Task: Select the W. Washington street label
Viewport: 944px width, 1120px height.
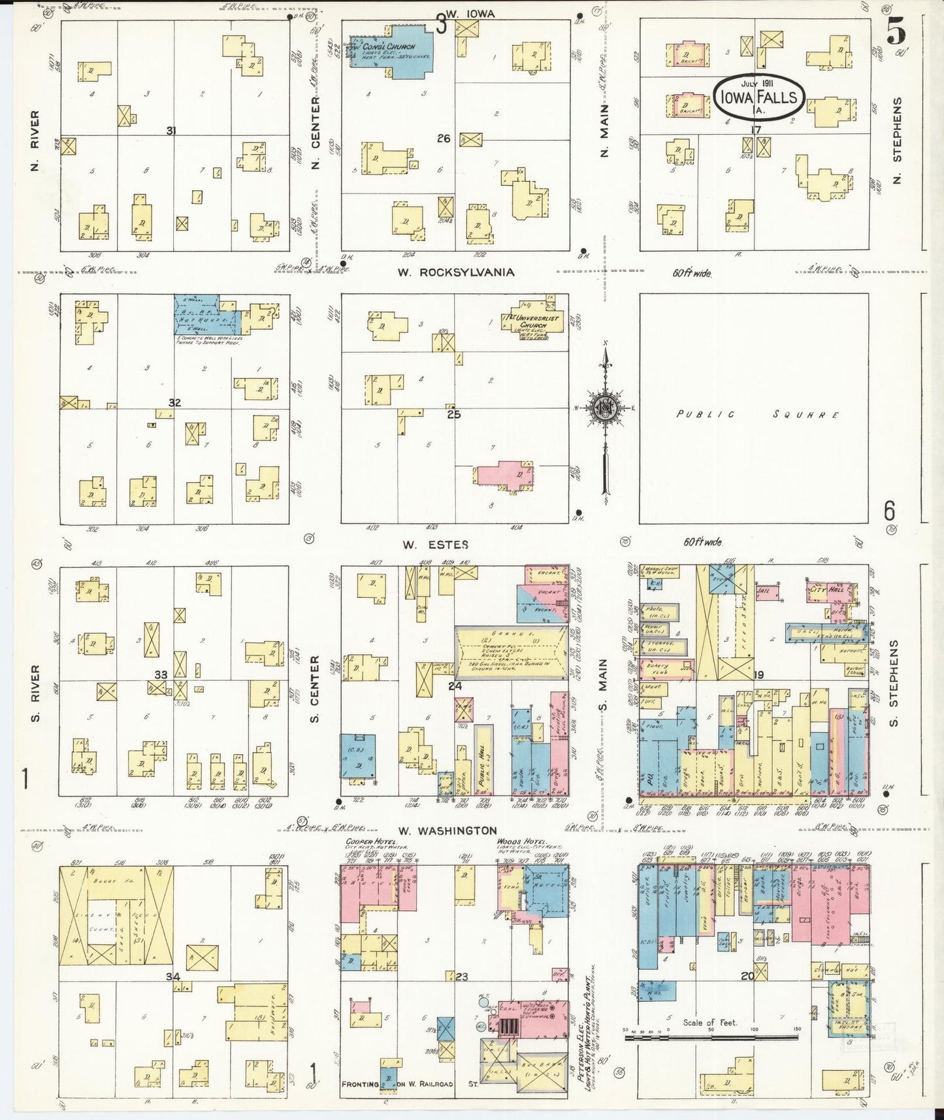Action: click(448, 831)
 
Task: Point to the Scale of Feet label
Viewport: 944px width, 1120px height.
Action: click(709, 1022)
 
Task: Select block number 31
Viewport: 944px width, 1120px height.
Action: click(171, 131)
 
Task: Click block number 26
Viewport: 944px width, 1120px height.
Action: click(444, 138)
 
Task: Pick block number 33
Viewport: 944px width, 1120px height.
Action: click(161, 674)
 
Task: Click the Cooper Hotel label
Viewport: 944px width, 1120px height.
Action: click(363, 840)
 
